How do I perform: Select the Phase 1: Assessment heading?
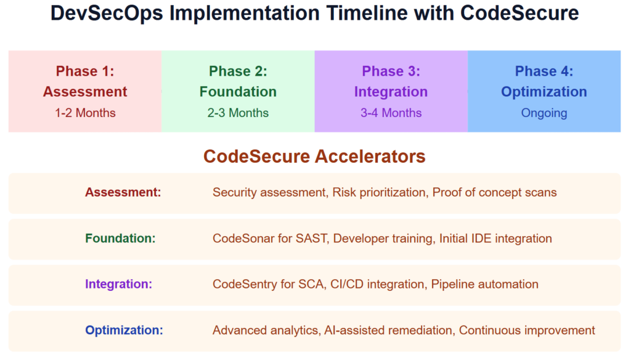(85, 81)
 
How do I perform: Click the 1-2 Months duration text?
(85, 113)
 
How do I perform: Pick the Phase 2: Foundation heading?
(238, 81)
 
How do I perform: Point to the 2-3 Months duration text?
(238, 113)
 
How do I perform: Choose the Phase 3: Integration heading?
(391, 81)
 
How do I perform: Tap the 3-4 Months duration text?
(391, 113)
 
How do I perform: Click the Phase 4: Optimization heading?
(544, 81)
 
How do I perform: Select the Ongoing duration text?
(544, 113)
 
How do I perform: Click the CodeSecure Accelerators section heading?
(314, 157)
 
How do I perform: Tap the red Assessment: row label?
(123, 192)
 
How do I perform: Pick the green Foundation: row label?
(120, 238)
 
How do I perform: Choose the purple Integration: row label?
(118, 284)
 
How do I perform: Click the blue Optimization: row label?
(124, 330)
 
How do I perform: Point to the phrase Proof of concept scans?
(494, 192)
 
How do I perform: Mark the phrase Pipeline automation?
(484, 284)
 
